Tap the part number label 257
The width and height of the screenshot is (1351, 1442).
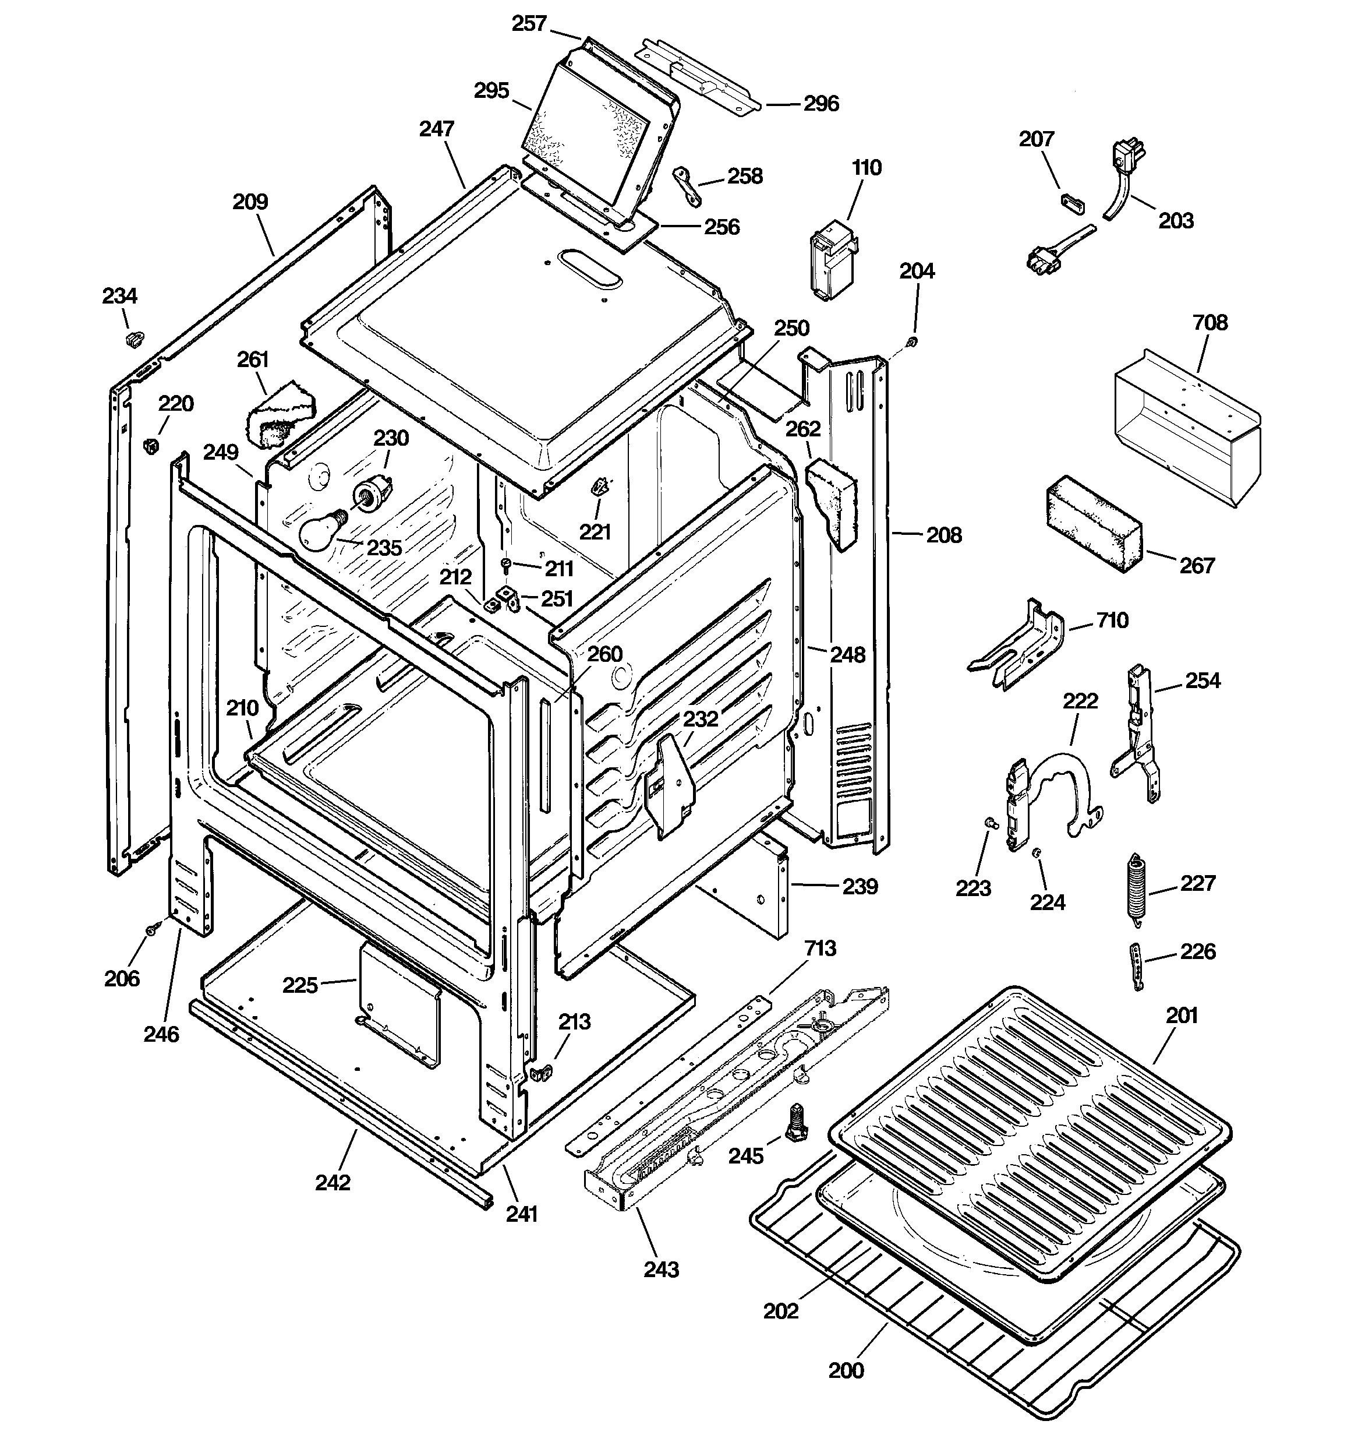(x=529, y=24)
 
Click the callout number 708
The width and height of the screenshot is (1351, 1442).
(x=1210, y=322)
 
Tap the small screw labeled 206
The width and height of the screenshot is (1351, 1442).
(x=154, y=929)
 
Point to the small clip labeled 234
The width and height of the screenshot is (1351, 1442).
(x=134, y=337)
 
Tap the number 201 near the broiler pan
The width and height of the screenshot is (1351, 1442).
(x=1182, y=1016)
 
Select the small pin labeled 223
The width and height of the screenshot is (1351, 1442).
(x=989, y=823)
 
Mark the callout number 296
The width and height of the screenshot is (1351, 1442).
(x=821, y=104)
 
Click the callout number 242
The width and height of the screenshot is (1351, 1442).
(x=333, y=1182)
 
